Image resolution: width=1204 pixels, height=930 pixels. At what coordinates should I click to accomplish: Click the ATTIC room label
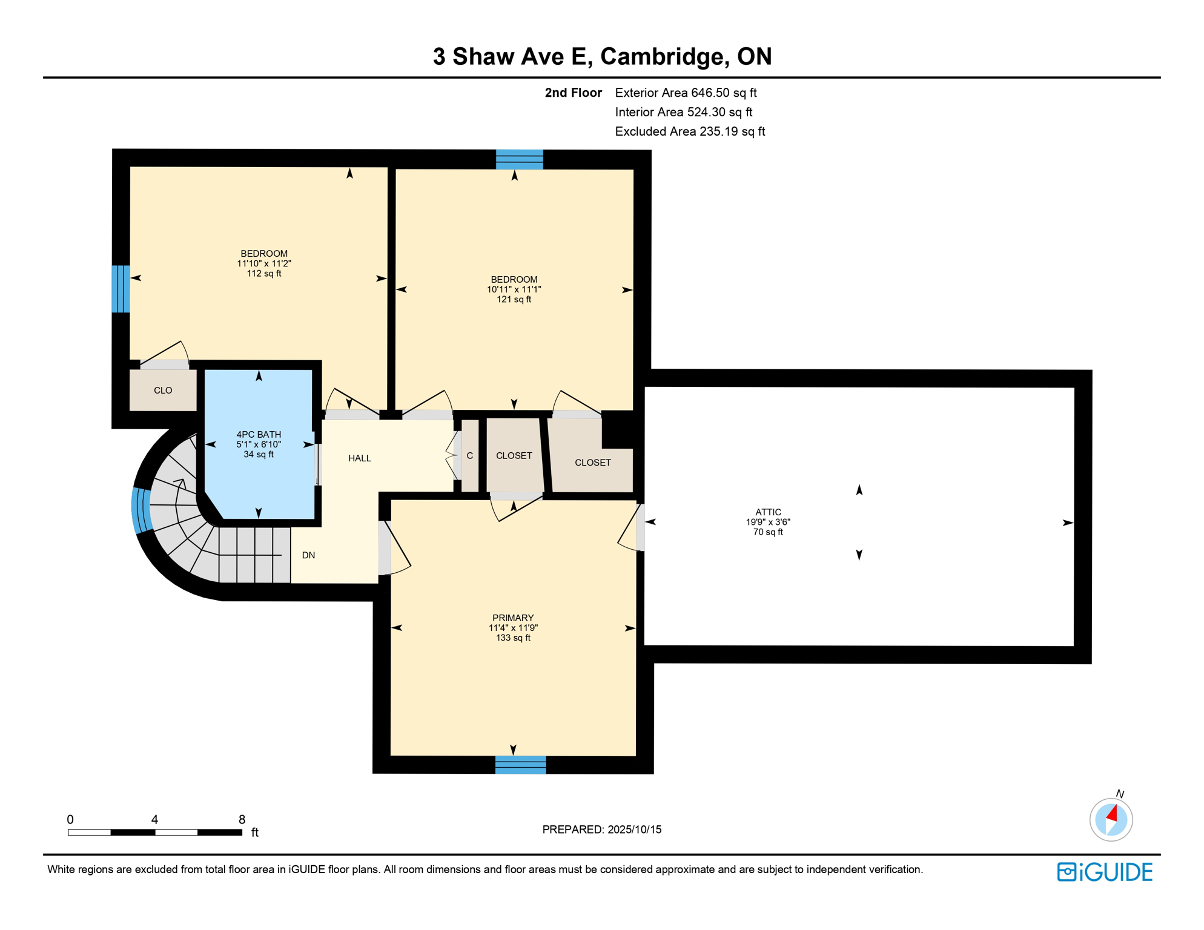click(x=768, y=512)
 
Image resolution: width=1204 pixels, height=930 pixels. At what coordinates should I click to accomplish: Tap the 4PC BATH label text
click(x=259, y=435)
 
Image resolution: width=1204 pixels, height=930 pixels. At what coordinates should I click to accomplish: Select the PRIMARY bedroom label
click(x=513, y=618)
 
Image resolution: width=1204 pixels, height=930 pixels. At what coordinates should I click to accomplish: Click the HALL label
click(x=360, y=458)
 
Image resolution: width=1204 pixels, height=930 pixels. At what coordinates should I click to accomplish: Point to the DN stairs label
click(x=308, y=555)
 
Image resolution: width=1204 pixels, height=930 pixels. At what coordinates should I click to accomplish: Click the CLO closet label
click(x=163, y=391)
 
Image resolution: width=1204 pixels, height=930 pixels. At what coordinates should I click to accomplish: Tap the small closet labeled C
click(x=470, y=456)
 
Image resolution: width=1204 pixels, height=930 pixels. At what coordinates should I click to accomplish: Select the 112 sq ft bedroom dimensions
click(x=264, y=263)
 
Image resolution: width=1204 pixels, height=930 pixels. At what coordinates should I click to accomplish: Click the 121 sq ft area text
click(x=514, y=299)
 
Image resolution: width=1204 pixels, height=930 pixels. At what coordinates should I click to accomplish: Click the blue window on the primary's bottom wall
click(x=520, y=765)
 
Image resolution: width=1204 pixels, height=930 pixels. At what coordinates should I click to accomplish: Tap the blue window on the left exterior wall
click(x=121, y=289)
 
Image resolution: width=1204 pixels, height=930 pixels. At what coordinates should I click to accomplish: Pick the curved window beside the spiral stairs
click(x=142, y=510)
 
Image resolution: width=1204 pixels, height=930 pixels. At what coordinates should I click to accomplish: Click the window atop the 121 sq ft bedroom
click(x=520, y=159)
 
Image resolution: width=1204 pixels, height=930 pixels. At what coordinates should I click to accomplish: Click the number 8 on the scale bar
click(x=242, y=819)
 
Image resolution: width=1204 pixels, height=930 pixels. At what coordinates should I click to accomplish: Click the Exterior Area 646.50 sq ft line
click(x=686, y=93)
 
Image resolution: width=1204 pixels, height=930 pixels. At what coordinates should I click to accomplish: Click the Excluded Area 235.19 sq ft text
click(x=690, y=131)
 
